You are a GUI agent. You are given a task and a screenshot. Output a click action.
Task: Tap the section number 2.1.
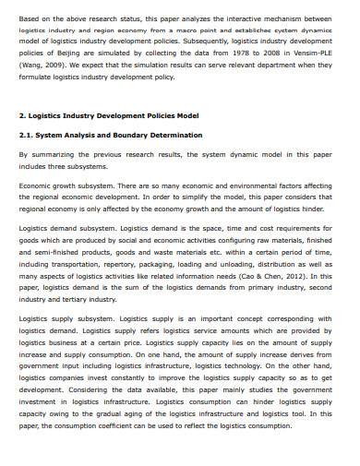click(28, 134)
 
